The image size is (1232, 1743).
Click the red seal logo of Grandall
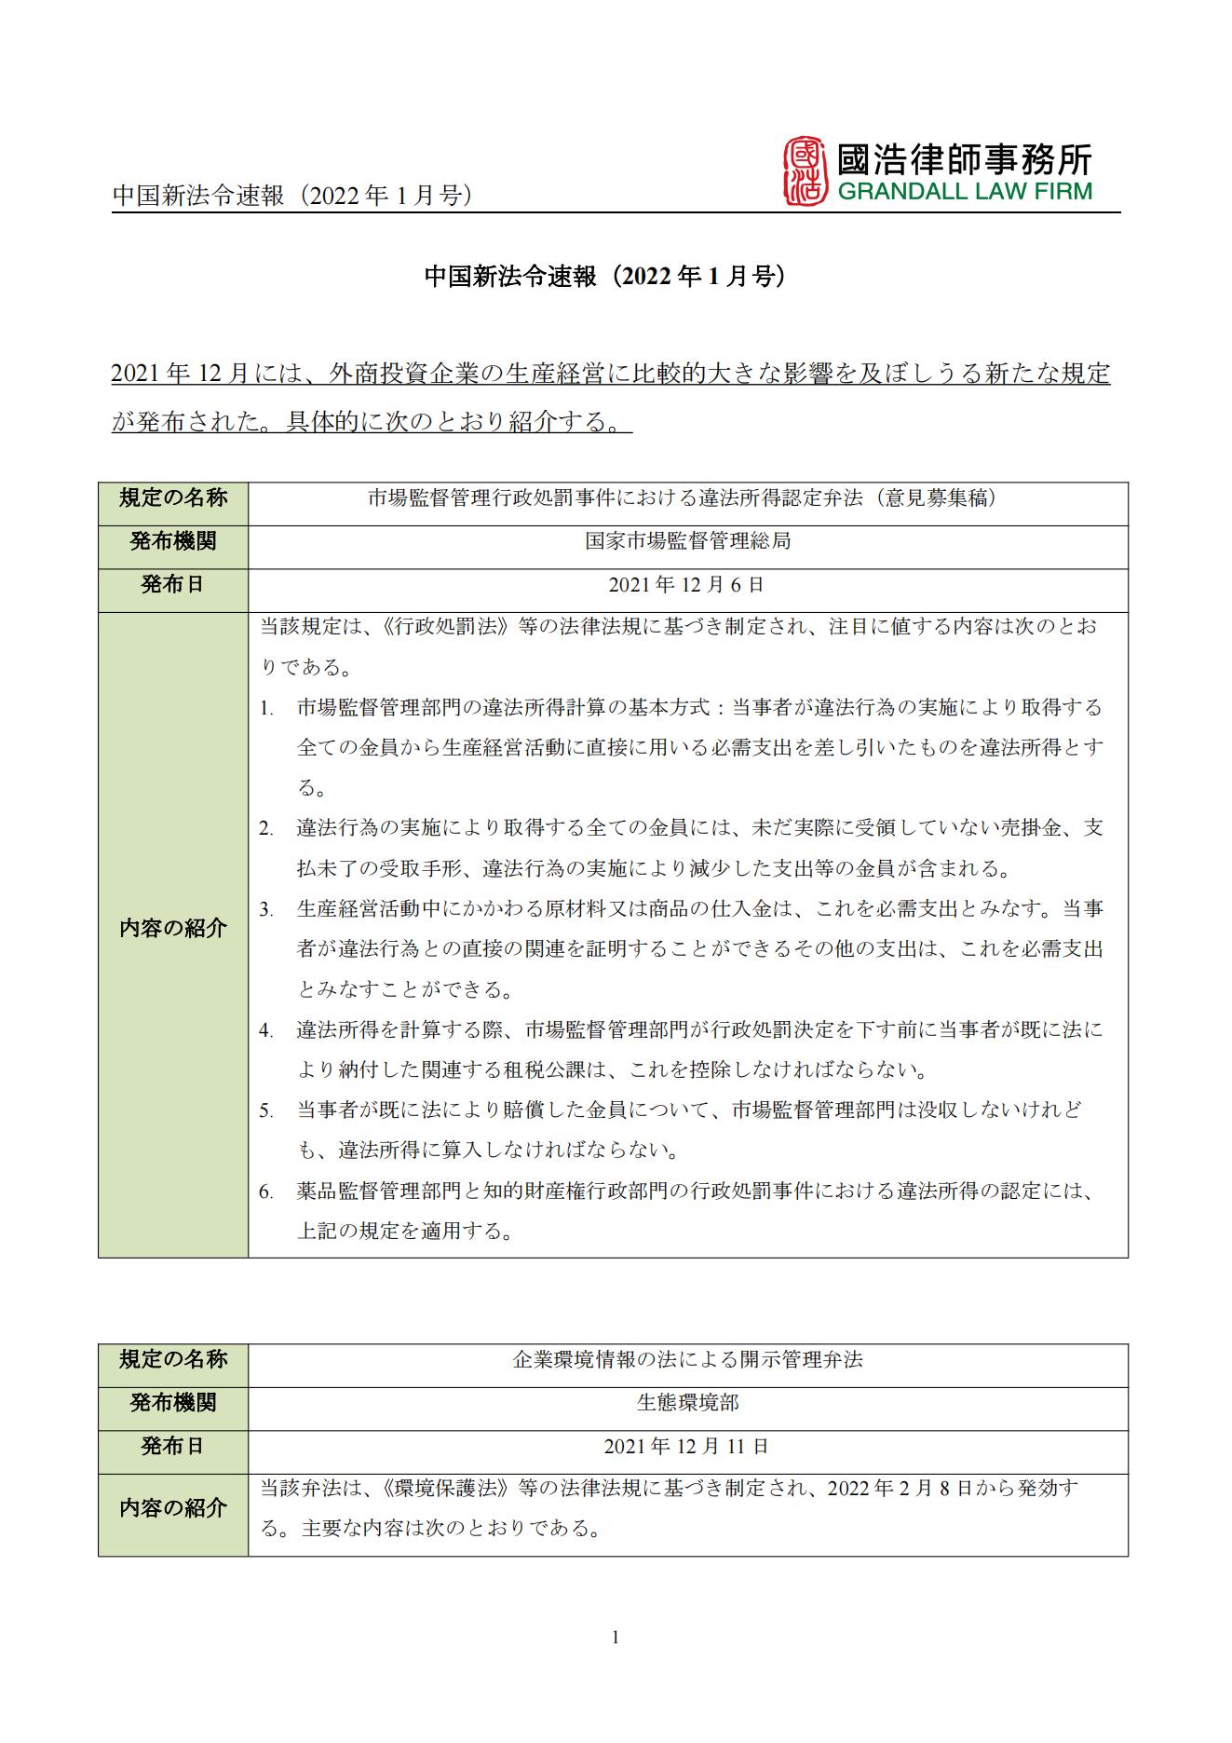pos(806,171)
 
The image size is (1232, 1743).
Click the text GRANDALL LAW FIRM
pos(965,192)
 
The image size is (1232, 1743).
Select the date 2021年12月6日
pos(687,584)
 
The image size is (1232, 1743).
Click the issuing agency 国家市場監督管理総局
pos(687,541)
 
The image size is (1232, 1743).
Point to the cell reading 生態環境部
pos(687,1402)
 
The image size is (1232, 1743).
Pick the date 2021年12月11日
pos(687,1446)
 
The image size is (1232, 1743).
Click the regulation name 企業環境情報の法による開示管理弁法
pos(687,1359)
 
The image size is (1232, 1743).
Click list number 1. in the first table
pos(266,708)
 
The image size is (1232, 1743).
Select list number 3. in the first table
pos(266,909)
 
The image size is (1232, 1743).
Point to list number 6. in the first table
pos(266,1192)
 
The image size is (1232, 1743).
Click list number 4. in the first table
pos(266,1030)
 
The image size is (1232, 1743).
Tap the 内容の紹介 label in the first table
pos(173,928)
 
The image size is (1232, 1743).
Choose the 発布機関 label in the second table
pos(173,1402)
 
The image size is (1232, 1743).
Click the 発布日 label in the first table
pos(173,584)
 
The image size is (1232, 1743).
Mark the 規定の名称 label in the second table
pos(173,1359)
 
